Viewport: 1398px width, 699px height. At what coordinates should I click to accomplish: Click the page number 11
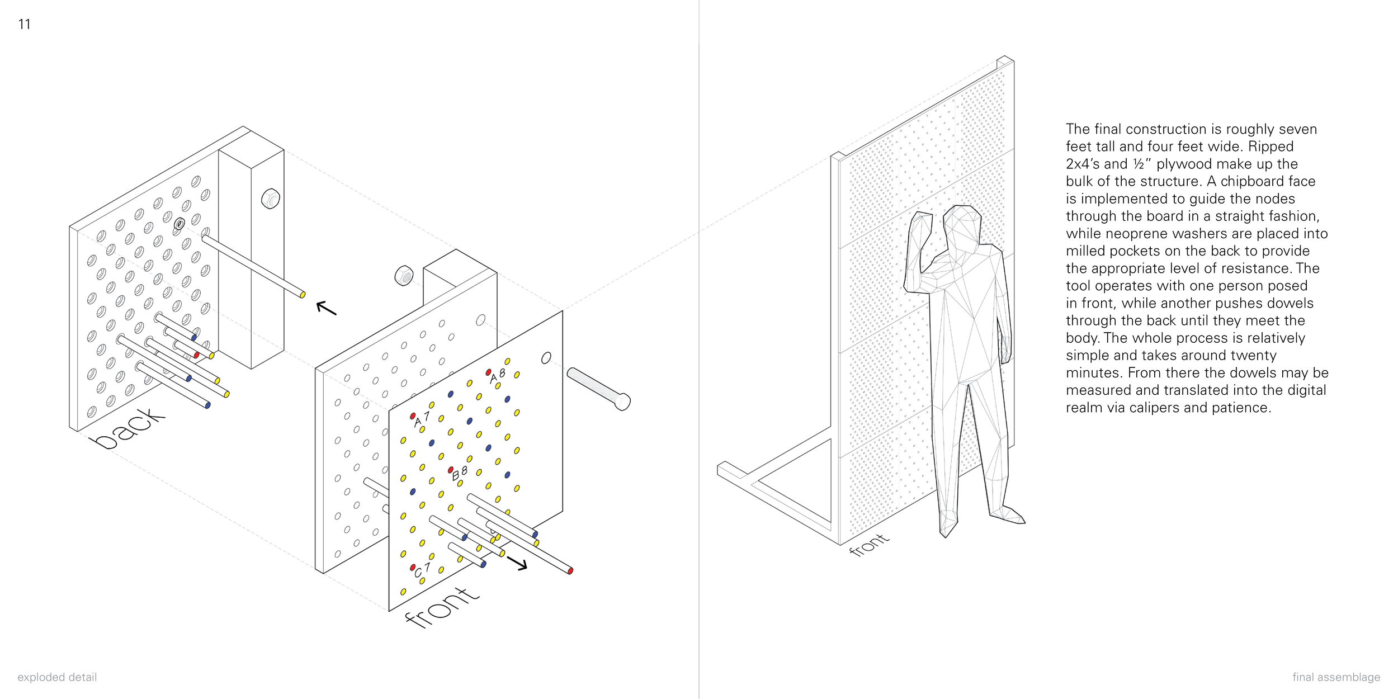(x=24, y=24)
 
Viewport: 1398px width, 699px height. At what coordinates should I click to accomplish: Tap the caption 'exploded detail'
(x=57, y=677)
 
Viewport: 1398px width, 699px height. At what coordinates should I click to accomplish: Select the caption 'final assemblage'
(x=1336, y=677)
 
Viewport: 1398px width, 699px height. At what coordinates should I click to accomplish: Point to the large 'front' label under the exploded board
(x=442, y=607)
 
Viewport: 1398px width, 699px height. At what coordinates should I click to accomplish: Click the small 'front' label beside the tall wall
(x=869, y=544)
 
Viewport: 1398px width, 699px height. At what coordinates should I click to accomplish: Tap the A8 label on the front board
(x=497, y=376)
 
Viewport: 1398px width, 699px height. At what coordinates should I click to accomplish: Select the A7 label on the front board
(x=422, y=419)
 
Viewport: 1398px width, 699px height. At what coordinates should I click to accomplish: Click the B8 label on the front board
(x=459, y=474)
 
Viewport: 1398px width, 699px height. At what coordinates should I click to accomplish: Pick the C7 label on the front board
(x=422, y=570)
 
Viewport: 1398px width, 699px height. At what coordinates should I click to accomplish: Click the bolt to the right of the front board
(x=599, y=389)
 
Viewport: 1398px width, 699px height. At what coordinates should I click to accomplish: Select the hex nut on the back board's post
(x=271, y=199)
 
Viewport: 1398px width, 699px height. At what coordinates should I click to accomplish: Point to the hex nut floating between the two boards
(x=404, y=276)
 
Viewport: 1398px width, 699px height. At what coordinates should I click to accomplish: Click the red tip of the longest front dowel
(x=570, y=571)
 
